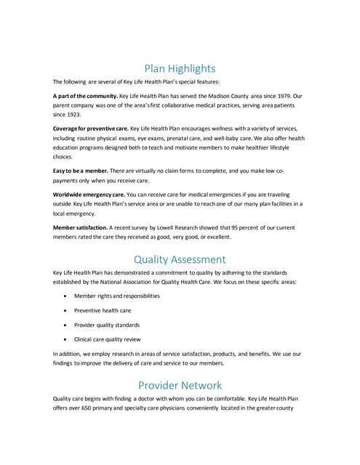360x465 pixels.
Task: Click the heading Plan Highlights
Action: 180,69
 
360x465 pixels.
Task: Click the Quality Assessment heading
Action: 180,259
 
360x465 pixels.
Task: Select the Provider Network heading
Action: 180,385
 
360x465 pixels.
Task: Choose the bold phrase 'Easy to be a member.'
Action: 79,170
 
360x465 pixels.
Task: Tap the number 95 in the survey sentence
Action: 236,227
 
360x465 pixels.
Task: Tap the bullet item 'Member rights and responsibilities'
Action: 117,296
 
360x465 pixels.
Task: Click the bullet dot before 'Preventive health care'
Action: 67,310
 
